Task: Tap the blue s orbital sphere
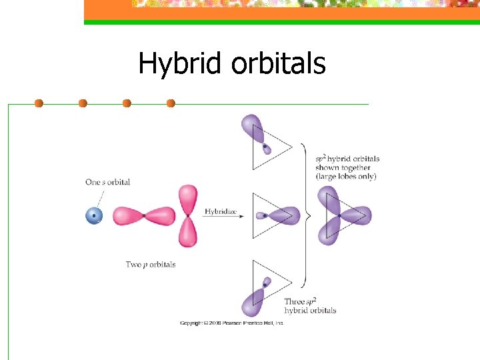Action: tap(94, 216)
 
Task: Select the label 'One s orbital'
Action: tap(107, 182)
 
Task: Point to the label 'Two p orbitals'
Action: tap(151, 265)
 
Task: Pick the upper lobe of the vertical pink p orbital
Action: tap(189, 198)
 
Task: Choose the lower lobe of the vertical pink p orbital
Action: tap(189, 233)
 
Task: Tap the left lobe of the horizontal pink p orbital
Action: tap(128, 216)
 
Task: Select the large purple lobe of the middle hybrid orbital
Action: tap(285, 215)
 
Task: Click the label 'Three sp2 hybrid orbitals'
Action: tap(310, 306)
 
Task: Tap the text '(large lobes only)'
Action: tap(346, 177)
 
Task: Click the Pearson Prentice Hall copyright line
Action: tap(232, 323)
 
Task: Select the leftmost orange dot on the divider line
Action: tap(39, 103)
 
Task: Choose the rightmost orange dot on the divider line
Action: tap(171, 103)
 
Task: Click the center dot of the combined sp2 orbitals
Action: tap(339, 215)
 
